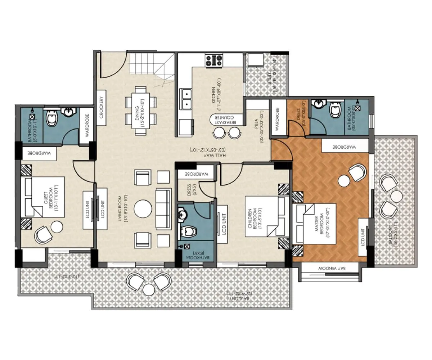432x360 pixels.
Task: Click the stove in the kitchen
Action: (213, 60)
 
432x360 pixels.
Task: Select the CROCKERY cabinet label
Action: (102, 107)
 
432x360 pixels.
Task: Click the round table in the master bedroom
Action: (344, 180)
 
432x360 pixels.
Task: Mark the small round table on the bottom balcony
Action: (148, 289)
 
